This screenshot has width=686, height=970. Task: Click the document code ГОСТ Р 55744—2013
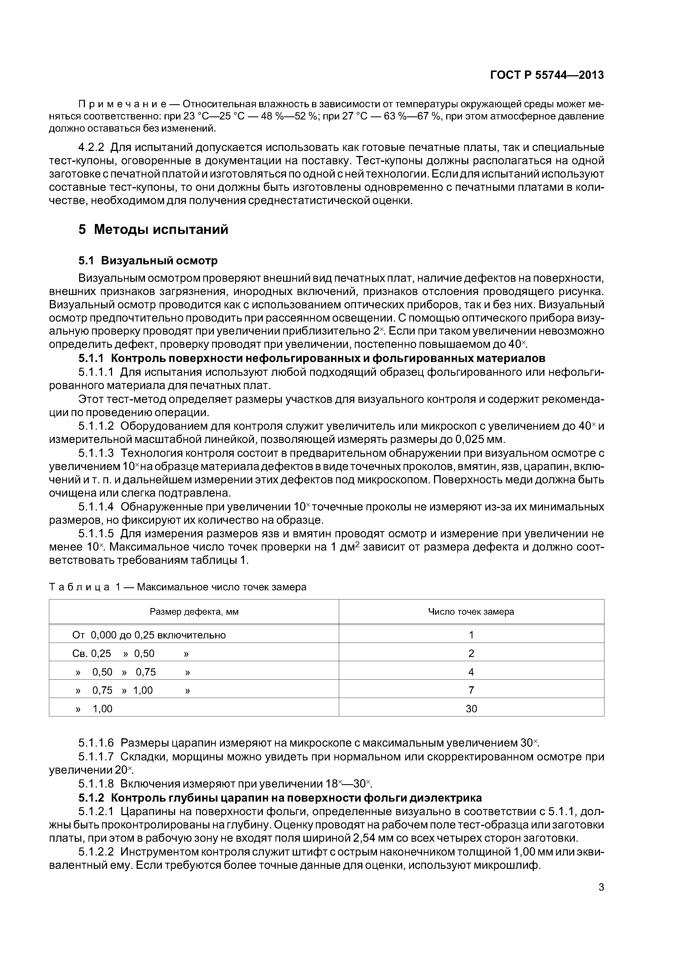click(x=547, y=75)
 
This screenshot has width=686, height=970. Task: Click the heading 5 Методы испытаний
click(x=154, y=230)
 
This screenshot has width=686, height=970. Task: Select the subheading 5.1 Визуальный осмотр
click(x=148, y=261)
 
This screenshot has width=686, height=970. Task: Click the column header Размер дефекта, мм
click(x=194, y=612)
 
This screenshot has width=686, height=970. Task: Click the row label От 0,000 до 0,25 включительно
click(x=149, y=635)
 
